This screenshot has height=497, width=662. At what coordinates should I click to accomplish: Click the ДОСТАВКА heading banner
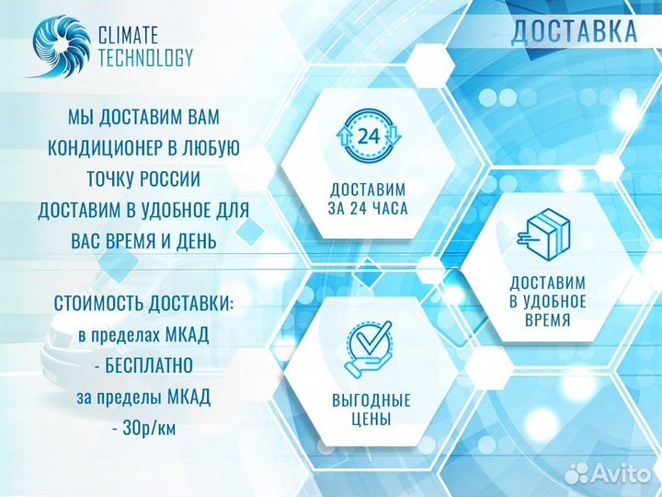pyautogui.click(x=574, y=30)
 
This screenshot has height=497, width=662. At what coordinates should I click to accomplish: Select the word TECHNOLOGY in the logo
pyautogui.click(x=145, y=58)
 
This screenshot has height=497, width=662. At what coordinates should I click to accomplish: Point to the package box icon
pyautogui.click(x=546, y=235)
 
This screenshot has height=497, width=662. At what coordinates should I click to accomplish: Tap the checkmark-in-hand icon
pyautogui.click(x=371, y=349)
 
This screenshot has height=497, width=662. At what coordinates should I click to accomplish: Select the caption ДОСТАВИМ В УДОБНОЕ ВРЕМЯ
pyautogui.click(x=549, y=301)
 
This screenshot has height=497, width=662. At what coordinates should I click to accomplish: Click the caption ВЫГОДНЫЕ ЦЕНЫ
pyautogui.click(x=371, y=410)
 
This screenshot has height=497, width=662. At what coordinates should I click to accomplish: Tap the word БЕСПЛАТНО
pyautogui.click(x=150, y=366)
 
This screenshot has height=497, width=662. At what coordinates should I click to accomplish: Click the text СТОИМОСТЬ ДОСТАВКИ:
pyautogui.click(x=143, y=303)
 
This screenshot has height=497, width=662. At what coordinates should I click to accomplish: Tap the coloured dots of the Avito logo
pyautogui.click(x=576, y=473)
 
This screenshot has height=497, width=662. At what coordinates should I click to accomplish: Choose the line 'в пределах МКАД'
pyautogui.click(x=143, y=335)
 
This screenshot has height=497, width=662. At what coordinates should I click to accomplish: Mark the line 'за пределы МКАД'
pyautogui.click(x=143, y=397)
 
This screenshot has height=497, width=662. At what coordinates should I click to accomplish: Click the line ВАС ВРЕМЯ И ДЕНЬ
pyautogui.click(x=143, y=240)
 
